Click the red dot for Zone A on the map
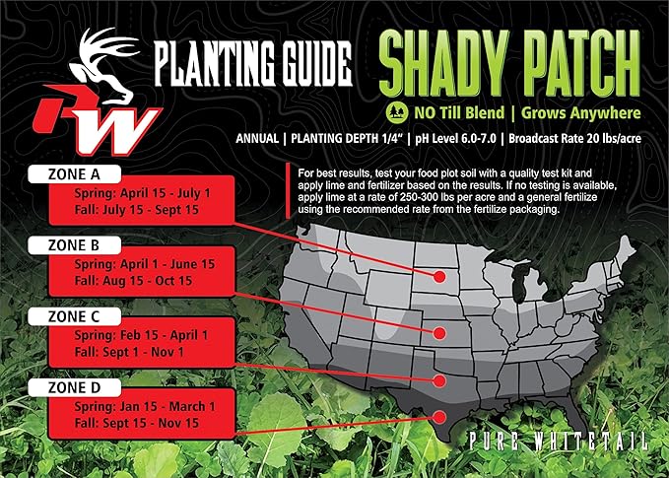(x=438, y=277)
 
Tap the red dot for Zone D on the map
(x=438, y=417)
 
